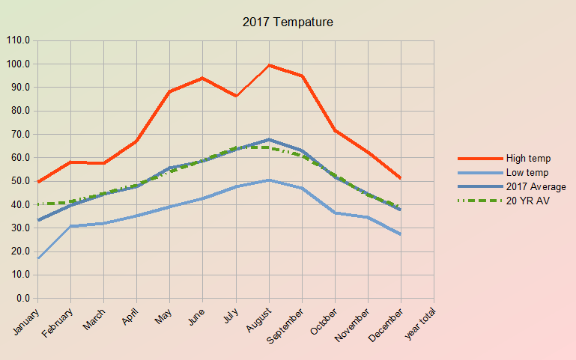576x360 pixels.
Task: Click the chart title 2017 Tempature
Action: click(x=288, y=22)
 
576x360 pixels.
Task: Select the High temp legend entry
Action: click(x=528, y=158)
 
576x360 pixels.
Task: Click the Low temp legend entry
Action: click(x=527, y=172)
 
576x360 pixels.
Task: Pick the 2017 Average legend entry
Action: click(x=536, y=186)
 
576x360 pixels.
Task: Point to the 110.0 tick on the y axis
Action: click(x=18, y=40)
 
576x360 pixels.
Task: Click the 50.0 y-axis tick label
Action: click(x=20, y=181)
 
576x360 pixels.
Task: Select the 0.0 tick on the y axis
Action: click(x=22, y=298)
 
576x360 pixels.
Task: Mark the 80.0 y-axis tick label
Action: click(x=20, y=111)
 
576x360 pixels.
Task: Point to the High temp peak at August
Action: click(x=269, y=65)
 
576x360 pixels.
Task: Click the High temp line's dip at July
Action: click(x=236, y=96)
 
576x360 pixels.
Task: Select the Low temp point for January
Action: click(x=37, y=258)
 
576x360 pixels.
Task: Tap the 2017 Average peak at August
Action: click(x=269, y=139)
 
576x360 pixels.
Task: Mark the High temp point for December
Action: click(x=401, y=178)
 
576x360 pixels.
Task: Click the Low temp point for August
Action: click(x=269, y=180)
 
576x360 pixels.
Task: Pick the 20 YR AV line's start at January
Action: click(x=37, y=204)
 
